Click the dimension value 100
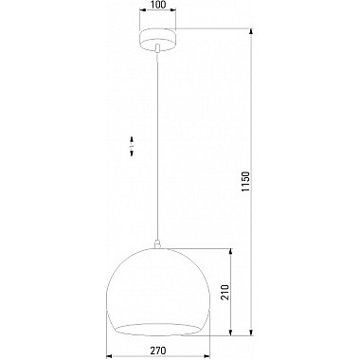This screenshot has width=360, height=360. coord(157,5)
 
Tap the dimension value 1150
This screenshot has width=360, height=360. coord(246,182)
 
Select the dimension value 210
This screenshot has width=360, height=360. coord(225,293)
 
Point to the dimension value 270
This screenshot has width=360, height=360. coord(157,351)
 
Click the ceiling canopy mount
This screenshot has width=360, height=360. coord(157,39)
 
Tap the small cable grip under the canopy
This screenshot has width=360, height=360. coord(157,47)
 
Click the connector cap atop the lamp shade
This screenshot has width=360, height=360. coord(157,244)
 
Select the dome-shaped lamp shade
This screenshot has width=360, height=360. coord(157,291)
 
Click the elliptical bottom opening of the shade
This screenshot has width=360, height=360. coord(157,330)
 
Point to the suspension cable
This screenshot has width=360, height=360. coord(157,146)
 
